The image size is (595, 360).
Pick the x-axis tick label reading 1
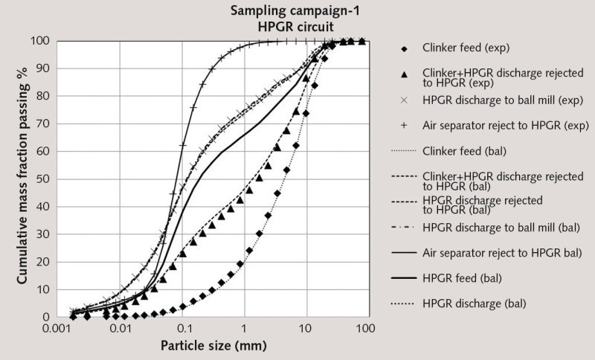pos(244,328)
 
